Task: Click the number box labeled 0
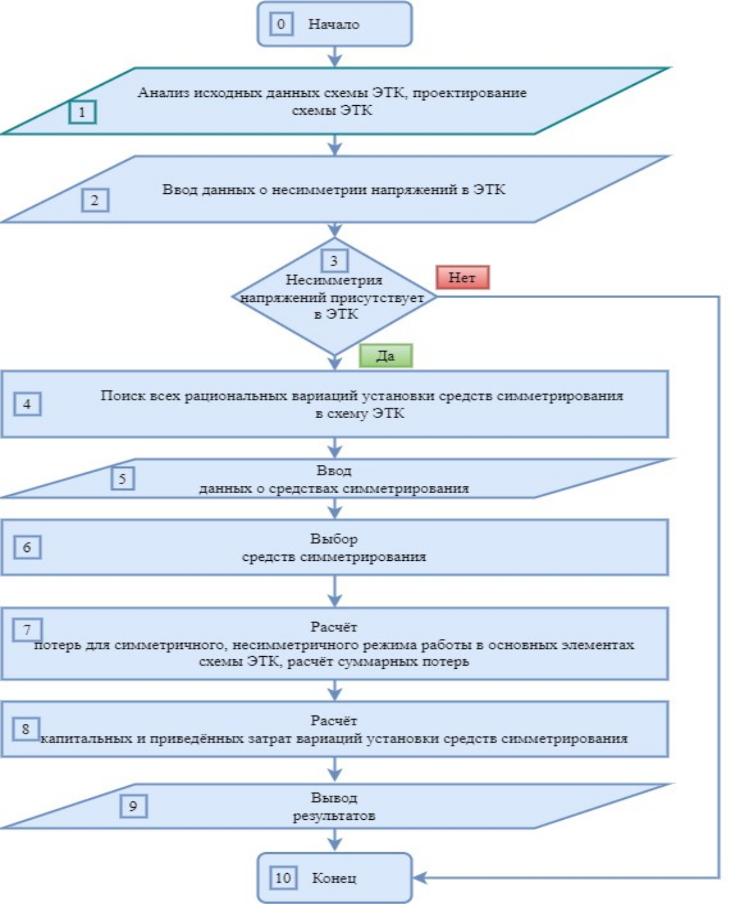click(x=281, y=24)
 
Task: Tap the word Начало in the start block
click(x=333, y=24)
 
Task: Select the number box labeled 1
click(x=82, y=112)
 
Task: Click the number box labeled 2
click(x=95, y=200)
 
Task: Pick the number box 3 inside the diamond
click(x=334, y=261)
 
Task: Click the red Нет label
click(x=462, y=278)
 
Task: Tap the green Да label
click(x=385, y=356)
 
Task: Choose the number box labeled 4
click(x=27, y=404)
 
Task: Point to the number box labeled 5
click(x=122, y=478)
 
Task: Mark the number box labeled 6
click(x=27, y=547)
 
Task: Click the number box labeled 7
click(x=27, y=630)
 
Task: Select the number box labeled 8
click(x=26, y=729)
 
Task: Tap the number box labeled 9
click(x=133, y=806)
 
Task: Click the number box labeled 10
click(x=283, y=878)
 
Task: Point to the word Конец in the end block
click(x=334, y=878)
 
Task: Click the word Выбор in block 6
click(x=334, y=539)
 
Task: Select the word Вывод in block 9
click(x=334, y=798)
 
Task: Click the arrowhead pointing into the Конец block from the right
click(x=419, y=878)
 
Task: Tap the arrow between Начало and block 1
click(x=335, y=57)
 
